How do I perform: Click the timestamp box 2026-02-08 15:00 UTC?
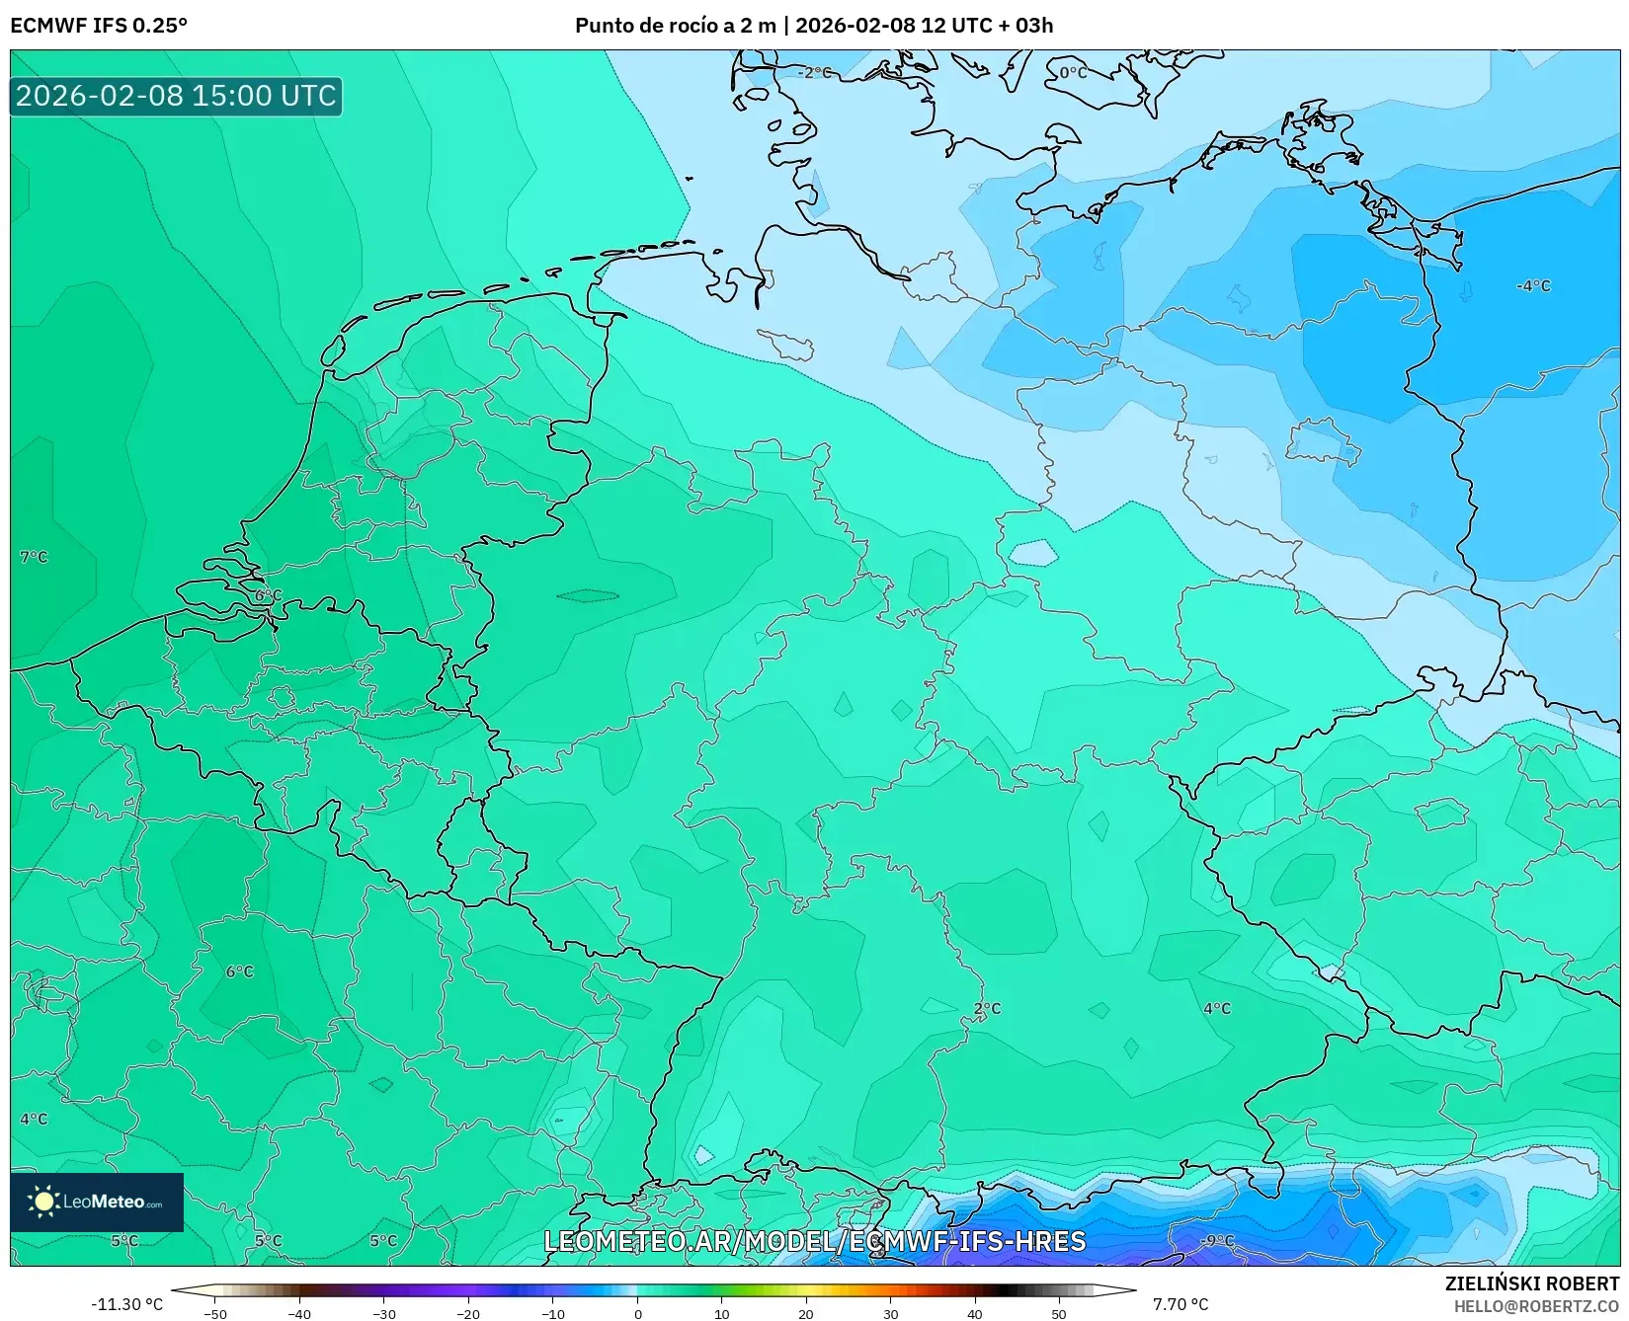176,96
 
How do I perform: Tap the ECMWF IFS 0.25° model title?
99,25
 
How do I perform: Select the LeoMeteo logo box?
97,1202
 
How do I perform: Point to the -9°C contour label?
1217,1240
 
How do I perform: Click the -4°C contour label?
1533,285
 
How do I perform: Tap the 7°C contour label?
34,557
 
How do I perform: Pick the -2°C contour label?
814,72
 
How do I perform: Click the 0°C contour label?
1073,72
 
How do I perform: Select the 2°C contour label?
987,1008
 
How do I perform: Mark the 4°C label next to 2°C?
1217,1008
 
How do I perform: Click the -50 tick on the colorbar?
214,1313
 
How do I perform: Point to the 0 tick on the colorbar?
637,1313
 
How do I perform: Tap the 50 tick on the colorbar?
1059,1313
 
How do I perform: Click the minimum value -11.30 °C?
126,1304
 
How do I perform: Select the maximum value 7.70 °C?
1181,1304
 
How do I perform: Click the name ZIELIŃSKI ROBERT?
1532,1283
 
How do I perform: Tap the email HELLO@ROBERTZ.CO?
1536,1306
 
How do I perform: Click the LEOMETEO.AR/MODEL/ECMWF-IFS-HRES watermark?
814,1241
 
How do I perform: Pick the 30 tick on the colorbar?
890,1313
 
